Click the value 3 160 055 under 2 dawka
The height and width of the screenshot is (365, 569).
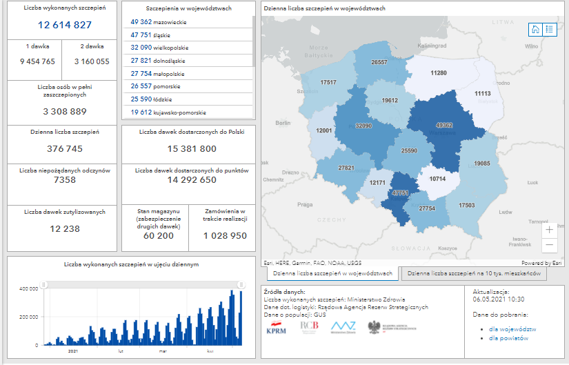(x=92, y=61)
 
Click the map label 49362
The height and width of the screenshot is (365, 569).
(x=444, y=126)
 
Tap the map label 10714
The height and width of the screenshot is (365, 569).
(x=437, y=179)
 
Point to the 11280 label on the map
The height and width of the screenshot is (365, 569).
(x=438, y=72)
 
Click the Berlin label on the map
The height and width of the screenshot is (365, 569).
(x=283, y=123)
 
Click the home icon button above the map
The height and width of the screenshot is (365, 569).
(x=535, y=29)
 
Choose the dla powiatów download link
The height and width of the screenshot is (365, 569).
(x=508, y=338)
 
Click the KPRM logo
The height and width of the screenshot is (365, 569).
(x=277, y=328)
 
